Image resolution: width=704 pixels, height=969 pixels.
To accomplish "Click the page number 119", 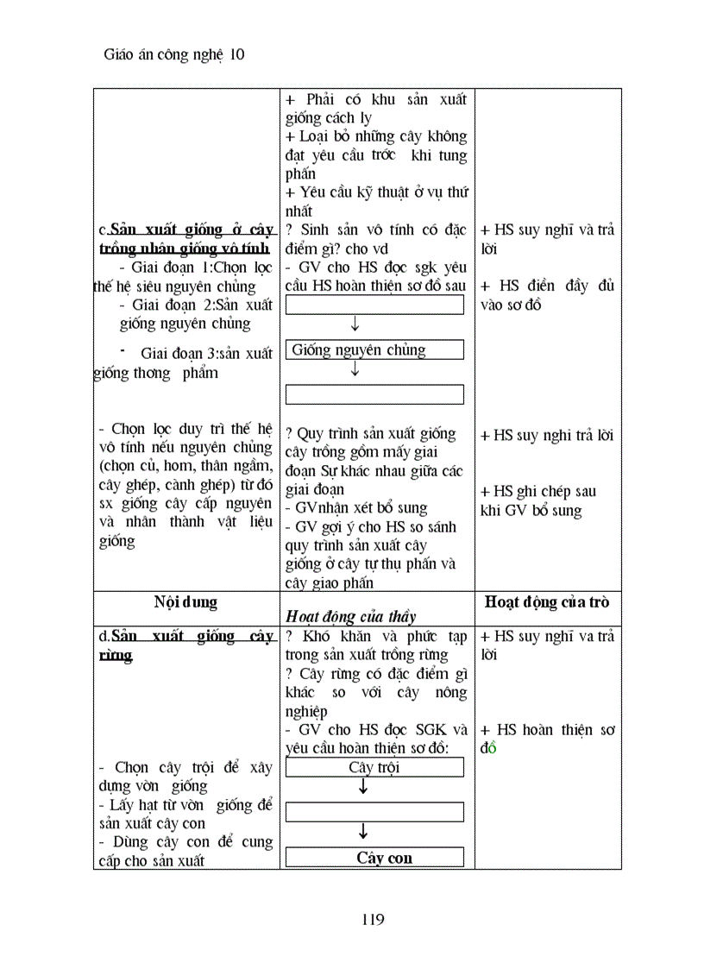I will (373, 919).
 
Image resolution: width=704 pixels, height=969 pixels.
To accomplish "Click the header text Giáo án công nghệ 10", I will (173, 54).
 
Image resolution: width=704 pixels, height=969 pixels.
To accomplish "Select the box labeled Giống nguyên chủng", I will (374, 349).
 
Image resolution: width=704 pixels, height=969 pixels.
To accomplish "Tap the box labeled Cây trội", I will (374, 767).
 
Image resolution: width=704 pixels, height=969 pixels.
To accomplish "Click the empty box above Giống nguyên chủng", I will (374, 305).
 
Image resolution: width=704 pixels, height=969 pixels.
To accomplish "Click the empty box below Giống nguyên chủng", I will (374, 394).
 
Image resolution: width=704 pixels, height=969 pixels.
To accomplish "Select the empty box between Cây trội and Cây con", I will (374, 812).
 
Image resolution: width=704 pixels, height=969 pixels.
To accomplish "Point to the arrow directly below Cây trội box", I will (363, 788).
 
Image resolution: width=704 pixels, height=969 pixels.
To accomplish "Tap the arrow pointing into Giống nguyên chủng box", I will (355, 325).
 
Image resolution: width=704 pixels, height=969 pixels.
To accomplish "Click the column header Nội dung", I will (185, 601).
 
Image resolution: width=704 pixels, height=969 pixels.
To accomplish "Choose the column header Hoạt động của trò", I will (547, 601).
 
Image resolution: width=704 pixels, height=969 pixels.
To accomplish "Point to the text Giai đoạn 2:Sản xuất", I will (196, 305).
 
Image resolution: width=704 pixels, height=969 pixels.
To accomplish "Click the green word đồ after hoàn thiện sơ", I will (489, 748).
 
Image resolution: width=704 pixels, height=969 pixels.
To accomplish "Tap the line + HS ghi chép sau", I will (538, 491).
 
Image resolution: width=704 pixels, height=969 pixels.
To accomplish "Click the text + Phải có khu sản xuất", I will (374, 99).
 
